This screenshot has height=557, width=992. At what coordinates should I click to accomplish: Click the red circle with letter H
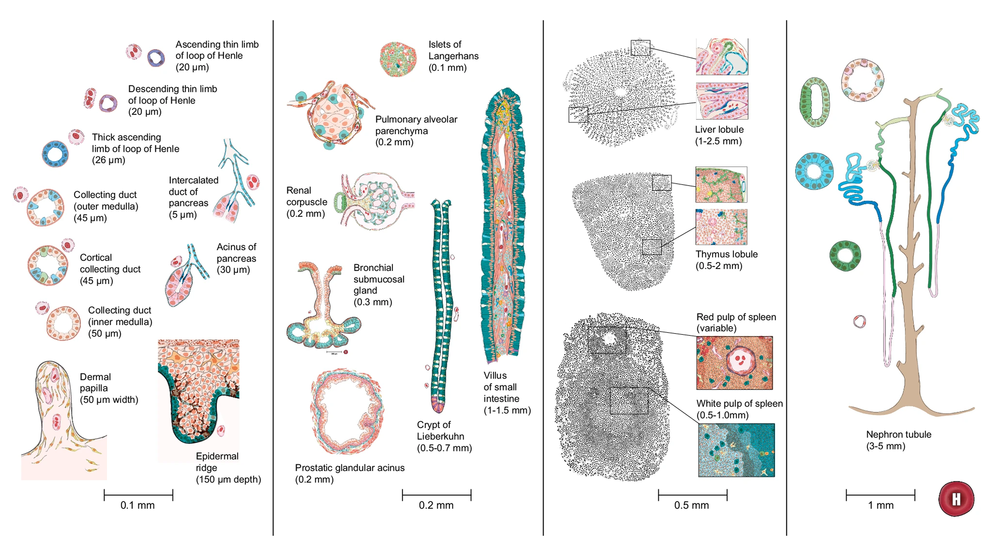pyautogui.click(x=956, y=499)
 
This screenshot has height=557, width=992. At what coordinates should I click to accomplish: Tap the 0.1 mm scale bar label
pyautogui.click(x=138, y=505)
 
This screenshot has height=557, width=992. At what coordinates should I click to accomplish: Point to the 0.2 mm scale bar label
pyautogui.click(x=436, y=505)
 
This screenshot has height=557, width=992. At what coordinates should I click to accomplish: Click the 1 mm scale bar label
pyautogui.click(x=880, y=505)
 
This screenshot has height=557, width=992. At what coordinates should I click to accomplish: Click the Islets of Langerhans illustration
pyautogui.click(x=398, y=60)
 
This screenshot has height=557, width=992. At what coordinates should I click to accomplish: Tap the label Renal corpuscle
pyautogui.click(x=306, y=202)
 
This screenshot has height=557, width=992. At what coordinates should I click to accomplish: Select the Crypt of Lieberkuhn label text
pyautogui.click(x=444, y=436)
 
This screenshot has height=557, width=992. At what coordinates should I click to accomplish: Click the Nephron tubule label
pyautogui.click(x=898, y=440)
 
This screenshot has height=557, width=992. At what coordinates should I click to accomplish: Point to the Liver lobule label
pyautogui.click(x=719, y=135)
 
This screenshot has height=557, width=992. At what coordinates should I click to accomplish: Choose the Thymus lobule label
pyautogui.click(x=726, y=260)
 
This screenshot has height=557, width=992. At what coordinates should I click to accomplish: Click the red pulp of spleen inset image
pyautogui.click(x=734, y=363)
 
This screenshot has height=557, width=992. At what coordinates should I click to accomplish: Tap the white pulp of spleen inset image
pyautogui.click(x=736, y=450)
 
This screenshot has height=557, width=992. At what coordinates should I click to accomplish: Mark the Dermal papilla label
pyautogui.click(x=109, y=388)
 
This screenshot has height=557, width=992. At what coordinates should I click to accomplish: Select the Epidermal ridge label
pyautogui.click(x=228, y=468)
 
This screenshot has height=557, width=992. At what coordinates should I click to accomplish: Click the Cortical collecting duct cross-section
pyautogui.click(x=48, y=265)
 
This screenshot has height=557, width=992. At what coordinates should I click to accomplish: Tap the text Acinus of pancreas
pyautogui.click(x=236, y=258)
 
